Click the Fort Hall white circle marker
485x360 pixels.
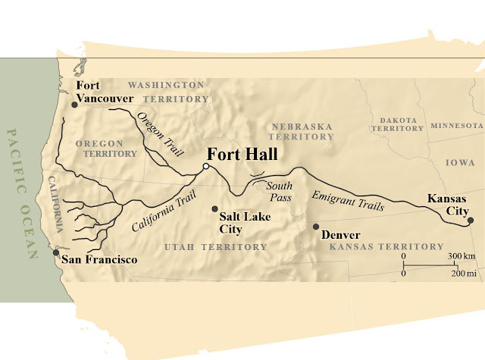[x=205, y=167]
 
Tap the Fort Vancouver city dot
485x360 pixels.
[x=74, y=105]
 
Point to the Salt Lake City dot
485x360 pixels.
[x=215, y=208]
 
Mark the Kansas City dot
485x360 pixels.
[x=470, y=221]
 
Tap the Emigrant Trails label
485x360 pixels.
[x=348, y=201]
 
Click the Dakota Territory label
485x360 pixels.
[x=398, y=124]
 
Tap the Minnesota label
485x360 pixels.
[x=457, y=125]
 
